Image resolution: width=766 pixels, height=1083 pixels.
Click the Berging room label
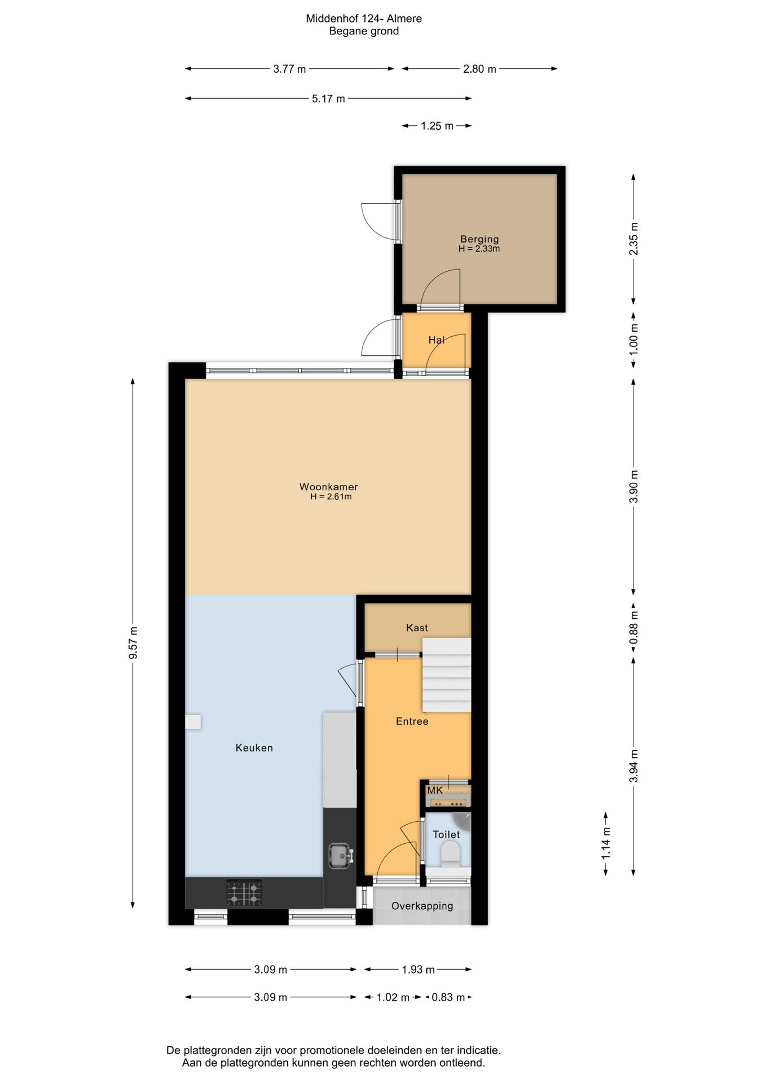click(x=479, y=239)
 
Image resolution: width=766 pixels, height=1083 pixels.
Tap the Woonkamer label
click(x=328, y=487)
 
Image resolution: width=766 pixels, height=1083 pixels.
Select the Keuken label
click(x=254, y=748)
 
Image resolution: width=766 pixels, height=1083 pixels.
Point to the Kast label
click(x=417, y=628)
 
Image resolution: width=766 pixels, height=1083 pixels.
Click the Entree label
click(x=412, y=721)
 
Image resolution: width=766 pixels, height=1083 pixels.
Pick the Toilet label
click(x=446, y=834)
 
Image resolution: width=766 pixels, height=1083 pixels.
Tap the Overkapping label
click(x=422, y=906)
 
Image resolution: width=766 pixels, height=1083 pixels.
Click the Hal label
click(x=436, y=340)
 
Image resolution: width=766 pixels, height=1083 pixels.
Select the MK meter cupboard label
click(x=435, y=790)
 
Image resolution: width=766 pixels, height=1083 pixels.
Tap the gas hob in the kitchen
click(x=244, y=892)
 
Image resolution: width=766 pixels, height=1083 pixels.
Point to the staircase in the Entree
click(x=447, y=675)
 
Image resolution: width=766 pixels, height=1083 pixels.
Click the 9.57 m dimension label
click(x=133, y=642)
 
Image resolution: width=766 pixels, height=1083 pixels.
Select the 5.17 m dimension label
click(x=328, y=99)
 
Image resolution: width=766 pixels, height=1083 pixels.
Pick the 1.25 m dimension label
click(x=437, y=126)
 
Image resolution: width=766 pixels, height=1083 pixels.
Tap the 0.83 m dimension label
click(x=448, y=997)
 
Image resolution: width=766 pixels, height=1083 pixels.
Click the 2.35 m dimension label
click(x=633, y=239)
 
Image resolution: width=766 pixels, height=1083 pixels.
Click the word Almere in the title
click(x=404, y=19)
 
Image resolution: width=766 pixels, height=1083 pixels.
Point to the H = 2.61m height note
click(x=331, y=497)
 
